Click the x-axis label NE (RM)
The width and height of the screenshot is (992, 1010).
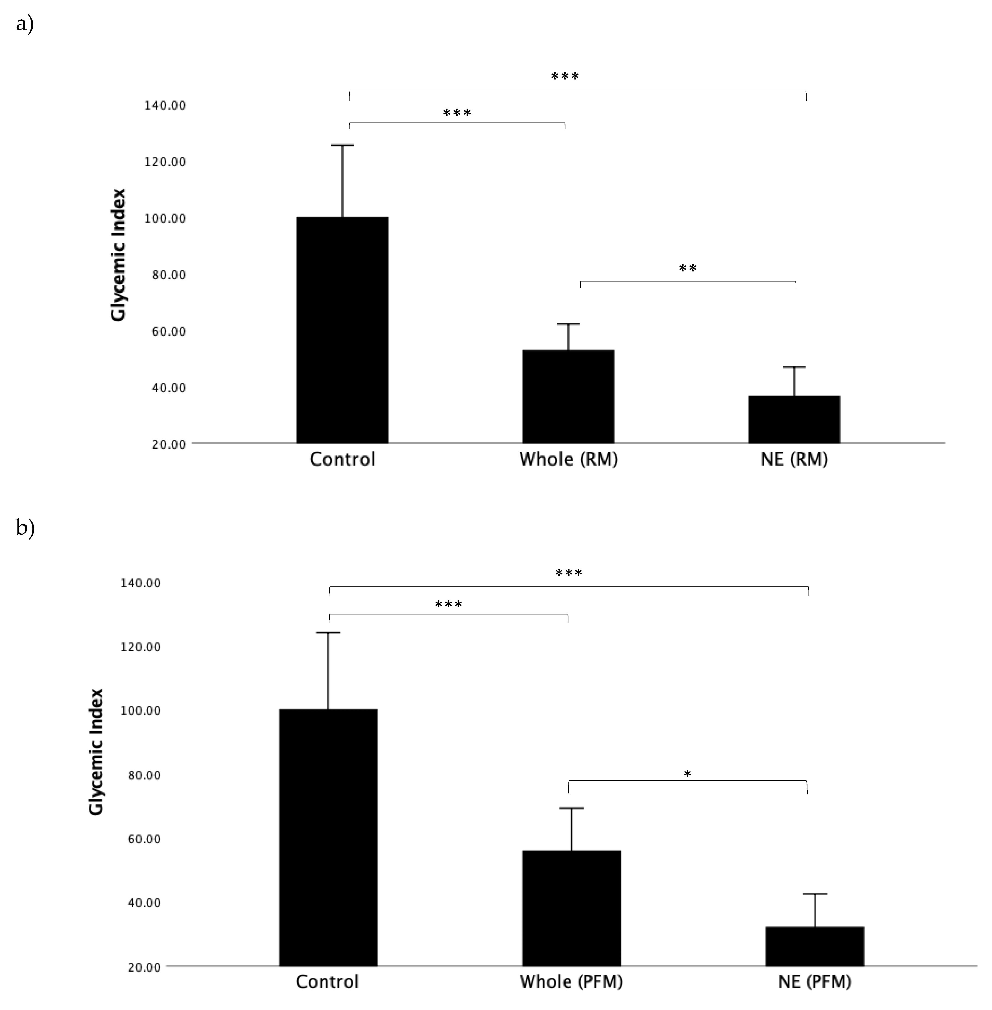794,459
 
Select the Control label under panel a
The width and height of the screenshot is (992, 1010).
342,459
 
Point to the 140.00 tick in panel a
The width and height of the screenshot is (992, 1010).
165,105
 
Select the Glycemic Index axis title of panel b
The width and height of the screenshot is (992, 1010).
96,751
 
